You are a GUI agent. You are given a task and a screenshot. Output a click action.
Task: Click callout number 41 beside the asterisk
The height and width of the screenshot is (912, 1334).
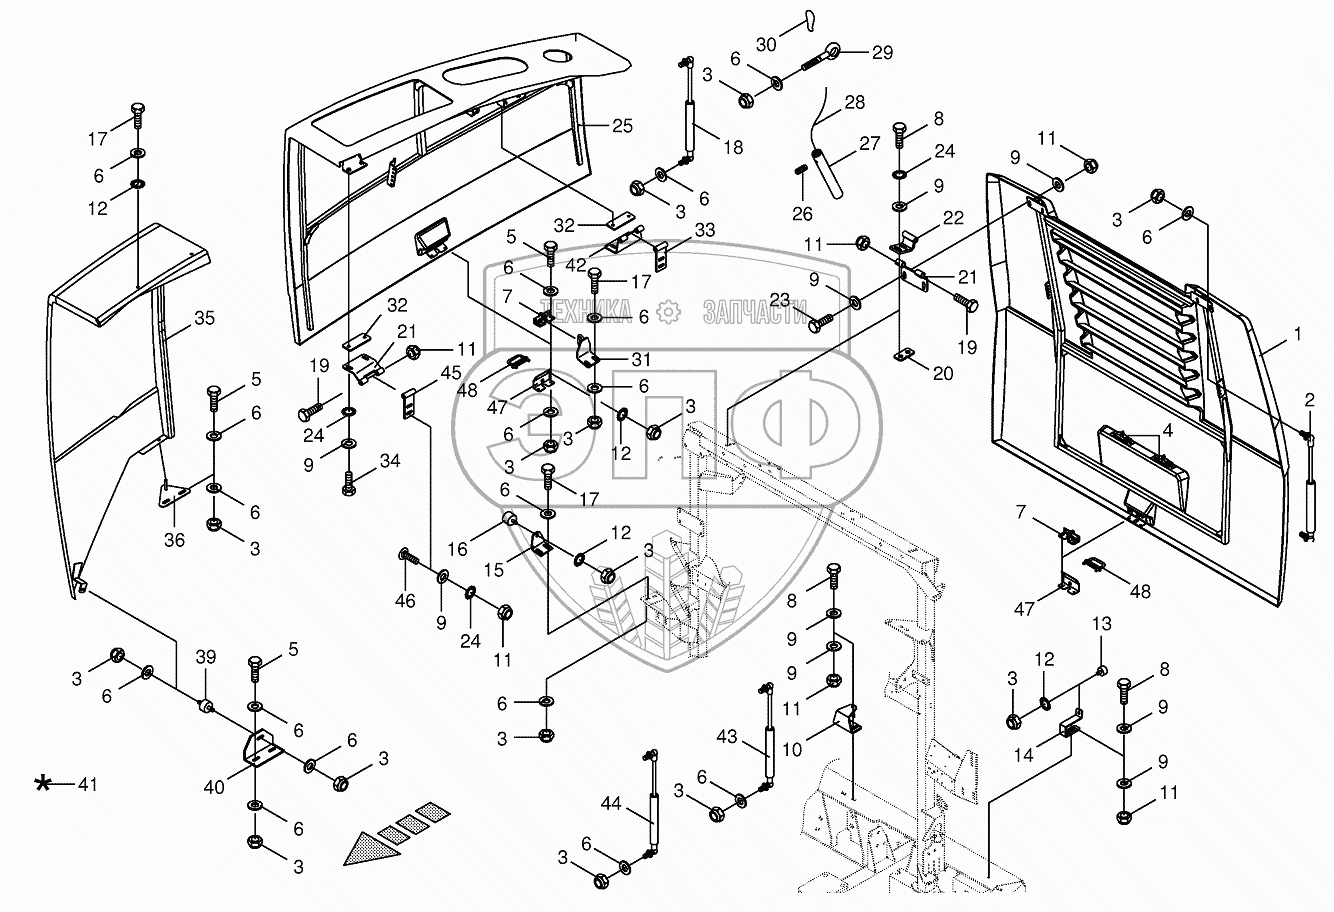tap(89, 784)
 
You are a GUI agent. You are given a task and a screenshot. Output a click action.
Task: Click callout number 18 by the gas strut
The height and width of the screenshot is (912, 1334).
tap(733, 147)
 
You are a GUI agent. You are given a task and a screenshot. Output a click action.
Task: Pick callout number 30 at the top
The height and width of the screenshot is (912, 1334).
tap(765, 45)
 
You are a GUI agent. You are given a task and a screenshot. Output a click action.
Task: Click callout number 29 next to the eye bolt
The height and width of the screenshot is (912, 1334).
tap(882, 53)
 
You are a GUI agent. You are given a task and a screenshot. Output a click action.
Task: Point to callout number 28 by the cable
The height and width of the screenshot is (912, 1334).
tap(855, 103)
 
